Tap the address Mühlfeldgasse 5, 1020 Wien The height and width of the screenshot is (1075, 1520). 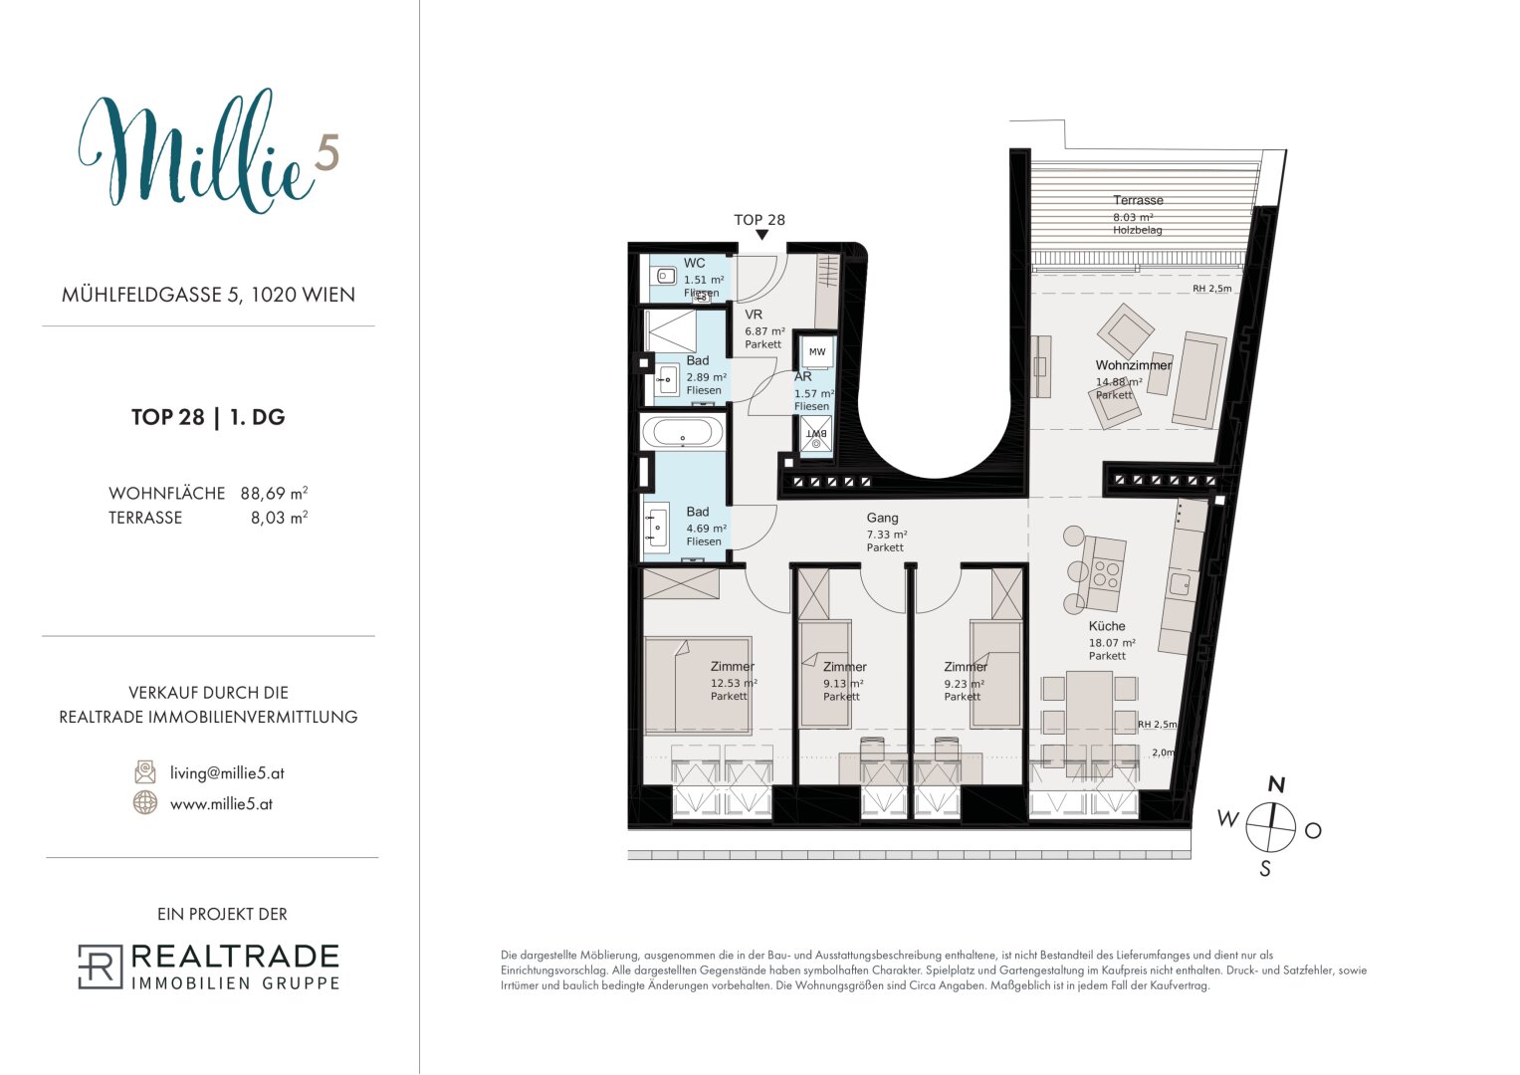tap(208, 295)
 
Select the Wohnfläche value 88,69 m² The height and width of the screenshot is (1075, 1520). tap(274, 493)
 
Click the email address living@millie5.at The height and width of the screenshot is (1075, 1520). tap(227, 773)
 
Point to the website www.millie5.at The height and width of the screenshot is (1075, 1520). tap(221, 803)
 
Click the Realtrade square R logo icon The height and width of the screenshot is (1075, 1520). tap(101, 967)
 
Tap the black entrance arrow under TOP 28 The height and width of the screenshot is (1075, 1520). tap(762, 235)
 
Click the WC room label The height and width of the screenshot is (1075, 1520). tap(694, 263)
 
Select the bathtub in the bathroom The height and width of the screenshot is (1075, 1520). tap(683, 432)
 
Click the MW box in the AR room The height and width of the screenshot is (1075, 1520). tap(817, 352)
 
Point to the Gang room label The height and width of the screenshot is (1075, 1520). tap(882, 518)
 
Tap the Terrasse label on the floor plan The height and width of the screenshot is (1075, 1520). tap(1138, 200)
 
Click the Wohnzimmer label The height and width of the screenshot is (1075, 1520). tap(1134, 365)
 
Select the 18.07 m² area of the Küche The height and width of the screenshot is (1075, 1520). tap(1112, 643)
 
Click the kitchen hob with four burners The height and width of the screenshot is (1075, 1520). tap(1105, 573)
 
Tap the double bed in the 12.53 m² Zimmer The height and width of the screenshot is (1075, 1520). tap(698, 686)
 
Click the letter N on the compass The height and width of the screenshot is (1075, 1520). tap(1276, 784)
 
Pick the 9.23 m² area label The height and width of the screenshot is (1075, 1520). tap(964, 684)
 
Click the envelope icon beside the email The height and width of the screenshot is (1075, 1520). tap(145, 772)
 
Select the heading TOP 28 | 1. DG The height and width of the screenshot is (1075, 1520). tap(208, 417)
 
